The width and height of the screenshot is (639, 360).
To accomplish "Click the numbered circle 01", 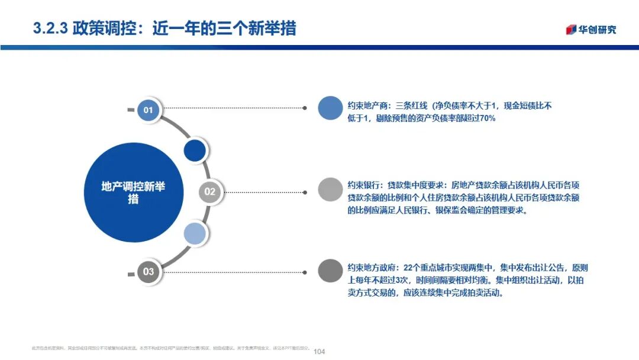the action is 149,110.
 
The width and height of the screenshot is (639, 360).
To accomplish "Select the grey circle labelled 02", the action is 210,191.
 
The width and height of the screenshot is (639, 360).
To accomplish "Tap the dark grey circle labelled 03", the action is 149,272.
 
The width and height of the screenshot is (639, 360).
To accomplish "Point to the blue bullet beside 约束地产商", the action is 330,108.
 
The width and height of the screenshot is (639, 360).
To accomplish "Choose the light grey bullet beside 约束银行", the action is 330,189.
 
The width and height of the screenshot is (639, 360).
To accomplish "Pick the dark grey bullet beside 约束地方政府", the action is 330,271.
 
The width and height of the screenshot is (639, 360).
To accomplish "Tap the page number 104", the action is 319,352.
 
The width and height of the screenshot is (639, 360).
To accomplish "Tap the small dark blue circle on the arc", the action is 195,150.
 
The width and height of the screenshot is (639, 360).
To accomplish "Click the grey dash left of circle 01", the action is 131,110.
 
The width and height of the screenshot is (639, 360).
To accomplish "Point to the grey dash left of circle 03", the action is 131,274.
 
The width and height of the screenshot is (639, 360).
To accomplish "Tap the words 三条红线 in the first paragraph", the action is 411,106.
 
